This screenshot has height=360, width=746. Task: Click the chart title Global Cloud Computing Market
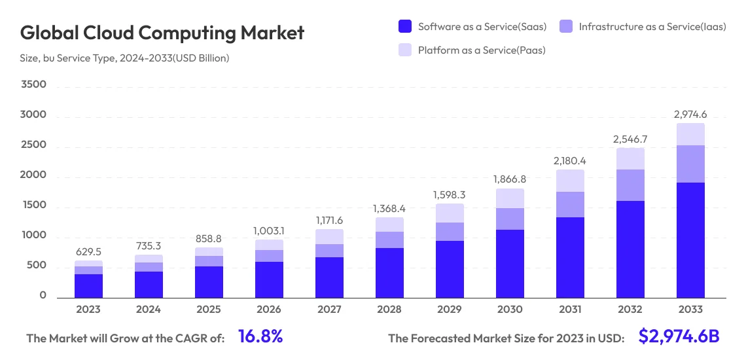point(162,33)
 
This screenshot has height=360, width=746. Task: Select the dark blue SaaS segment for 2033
point(690,240)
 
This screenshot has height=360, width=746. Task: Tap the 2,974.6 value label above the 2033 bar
point(690,115)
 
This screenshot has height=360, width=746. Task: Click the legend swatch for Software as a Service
point(405,27)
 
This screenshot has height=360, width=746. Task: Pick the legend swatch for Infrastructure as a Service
point(566,27)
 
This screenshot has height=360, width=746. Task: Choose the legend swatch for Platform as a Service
point(405,50)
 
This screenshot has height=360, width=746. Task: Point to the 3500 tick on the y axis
point(33,84)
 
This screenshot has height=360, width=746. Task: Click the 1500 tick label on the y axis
point(33,205)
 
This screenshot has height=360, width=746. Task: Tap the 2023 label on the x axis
point(88,310)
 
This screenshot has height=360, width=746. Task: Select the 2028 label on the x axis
point(389,310)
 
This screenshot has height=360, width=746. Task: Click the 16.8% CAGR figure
point(260,337)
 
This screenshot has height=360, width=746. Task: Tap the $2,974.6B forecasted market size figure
point(679,337)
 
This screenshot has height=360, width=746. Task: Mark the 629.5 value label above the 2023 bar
point(88,251)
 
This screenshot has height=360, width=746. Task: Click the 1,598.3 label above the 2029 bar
point(450,194)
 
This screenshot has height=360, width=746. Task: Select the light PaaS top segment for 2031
point(570,181)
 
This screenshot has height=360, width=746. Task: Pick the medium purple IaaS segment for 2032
point(630,185)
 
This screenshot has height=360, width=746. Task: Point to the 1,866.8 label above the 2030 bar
point(510,179)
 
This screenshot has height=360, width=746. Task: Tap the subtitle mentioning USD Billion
point(124,58)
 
